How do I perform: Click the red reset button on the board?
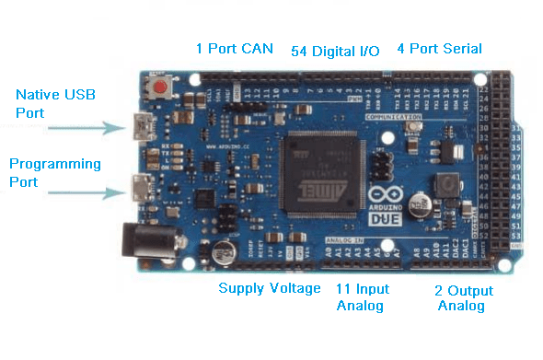coord(162,88)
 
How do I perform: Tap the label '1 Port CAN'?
coord(235,48)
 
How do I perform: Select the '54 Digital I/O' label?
coord(335,50)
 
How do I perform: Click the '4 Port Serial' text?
coord(439,48)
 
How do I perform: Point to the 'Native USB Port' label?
coord(55,102)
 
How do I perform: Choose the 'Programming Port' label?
coord(55,172)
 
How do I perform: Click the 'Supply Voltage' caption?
coord(270,288)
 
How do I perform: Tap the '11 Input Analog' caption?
coord(363,297)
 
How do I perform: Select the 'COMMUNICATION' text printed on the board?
coord(399,119)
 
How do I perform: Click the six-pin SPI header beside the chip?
coord(379,166)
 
